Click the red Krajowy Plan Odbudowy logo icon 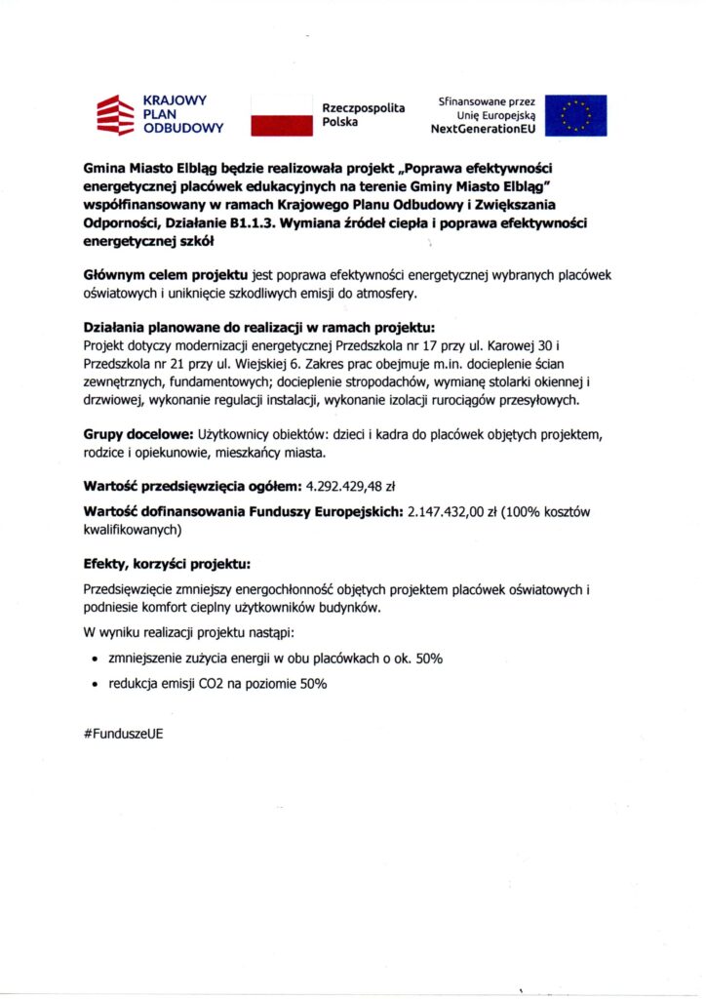113,113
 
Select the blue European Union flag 575,114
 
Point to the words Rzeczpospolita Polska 363,115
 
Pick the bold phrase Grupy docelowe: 138,431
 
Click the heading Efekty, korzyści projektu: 167,564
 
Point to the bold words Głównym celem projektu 166,276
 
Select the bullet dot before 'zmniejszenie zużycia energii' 94,659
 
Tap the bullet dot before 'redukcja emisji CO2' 94,685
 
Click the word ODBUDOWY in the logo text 182,128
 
